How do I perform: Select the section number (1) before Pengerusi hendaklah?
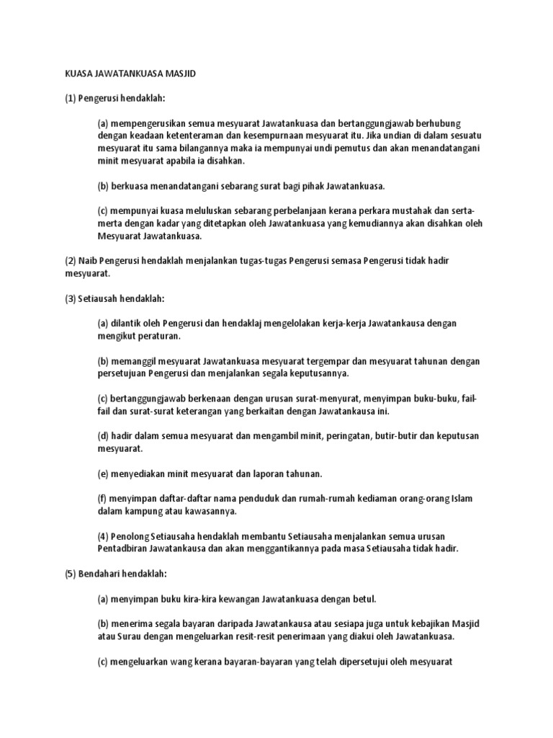click(63, 97)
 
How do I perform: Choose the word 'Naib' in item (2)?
click(84, 260)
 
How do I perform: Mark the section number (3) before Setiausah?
click(63, 298)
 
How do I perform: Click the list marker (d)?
click(103, 435)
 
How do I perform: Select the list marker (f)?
click(102, 498)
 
